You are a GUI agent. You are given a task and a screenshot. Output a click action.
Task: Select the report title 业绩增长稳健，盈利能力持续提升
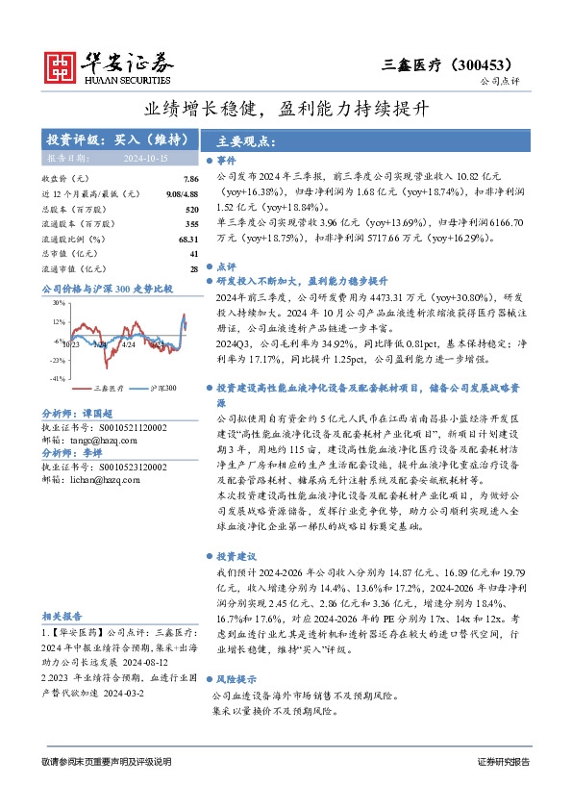click(x=286, y=111)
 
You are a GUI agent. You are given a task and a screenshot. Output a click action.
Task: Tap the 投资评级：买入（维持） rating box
click(x=116, y=139)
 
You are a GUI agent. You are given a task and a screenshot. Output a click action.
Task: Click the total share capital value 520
click(x=191, y=209)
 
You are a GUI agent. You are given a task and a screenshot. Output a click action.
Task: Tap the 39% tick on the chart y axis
click(x=58, y=303)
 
